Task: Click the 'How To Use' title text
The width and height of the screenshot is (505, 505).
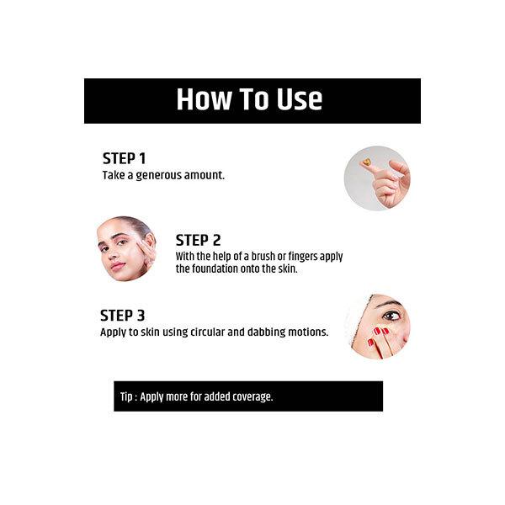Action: [x=249, y=99]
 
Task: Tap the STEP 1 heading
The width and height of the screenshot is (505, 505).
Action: [x=124, y=158]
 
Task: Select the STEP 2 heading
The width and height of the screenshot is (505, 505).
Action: [x=198, y=240]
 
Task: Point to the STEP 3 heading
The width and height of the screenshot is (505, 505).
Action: [x=122, y=316]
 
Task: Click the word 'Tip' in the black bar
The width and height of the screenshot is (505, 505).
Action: [x=128, y=396]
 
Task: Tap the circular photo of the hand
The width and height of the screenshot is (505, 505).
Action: [x=377, y=178]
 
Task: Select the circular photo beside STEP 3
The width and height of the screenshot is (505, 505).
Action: [x=377, y=327]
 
